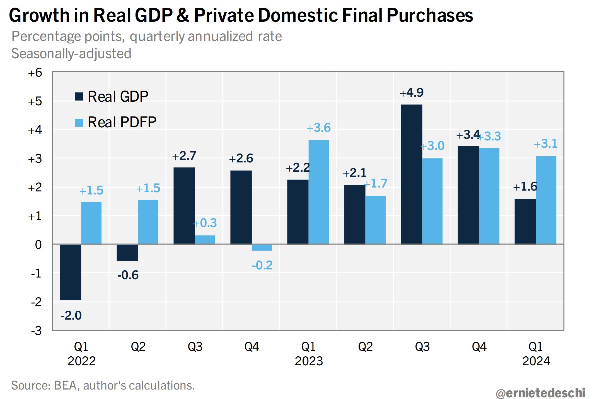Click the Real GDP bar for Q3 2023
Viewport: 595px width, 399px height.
point(411,174)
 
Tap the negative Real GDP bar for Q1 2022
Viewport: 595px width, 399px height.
point(71,272)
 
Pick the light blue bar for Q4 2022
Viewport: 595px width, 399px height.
point(262,247)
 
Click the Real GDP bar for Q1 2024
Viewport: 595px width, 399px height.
point(525,222)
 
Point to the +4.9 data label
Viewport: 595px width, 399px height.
point(412,93)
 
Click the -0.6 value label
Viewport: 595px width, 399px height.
point(128,275)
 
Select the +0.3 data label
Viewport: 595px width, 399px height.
point(205,223)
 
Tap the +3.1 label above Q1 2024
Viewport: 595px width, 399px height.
point(545,144)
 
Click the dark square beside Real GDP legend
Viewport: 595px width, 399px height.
point(79,96)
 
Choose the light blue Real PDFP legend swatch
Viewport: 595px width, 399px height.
point(79,123)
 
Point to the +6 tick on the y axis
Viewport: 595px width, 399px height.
point(35,73)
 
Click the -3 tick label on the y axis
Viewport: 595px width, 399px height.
point(36,331)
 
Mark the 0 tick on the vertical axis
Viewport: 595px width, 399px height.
point(38,245)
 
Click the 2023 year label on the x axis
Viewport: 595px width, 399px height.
point(309,361)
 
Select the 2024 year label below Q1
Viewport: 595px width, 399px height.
point(536,361)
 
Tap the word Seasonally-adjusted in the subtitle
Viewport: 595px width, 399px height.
point(71,53)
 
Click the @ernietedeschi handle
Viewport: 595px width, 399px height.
point(540,393)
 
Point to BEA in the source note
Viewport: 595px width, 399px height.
point(65,386)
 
